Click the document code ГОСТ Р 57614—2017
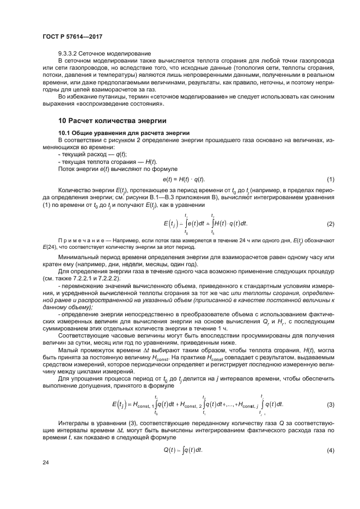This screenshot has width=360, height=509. pos(72,37)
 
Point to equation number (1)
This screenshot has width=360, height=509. pos(330,180)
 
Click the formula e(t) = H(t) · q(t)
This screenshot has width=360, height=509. pos(184,180)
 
